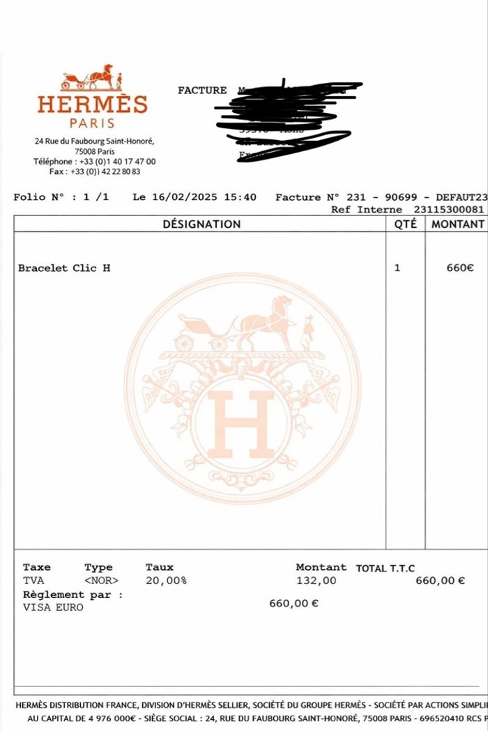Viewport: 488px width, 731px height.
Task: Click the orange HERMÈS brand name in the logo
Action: pos(92,105)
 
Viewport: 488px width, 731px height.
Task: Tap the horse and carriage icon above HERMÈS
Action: pos(91,77)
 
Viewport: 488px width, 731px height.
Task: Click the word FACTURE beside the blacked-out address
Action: pos(202,91)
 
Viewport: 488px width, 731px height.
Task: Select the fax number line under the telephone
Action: pos(95,171)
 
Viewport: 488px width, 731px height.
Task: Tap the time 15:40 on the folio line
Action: pos(240,197)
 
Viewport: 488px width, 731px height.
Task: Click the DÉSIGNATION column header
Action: pos(201,224)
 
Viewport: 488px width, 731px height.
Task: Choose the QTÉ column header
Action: pos(405,224)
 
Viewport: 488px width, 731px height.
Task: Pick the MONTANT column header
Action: pos(457,224)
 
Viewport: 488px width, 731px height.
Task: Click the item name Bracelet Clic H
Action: pos(64,268)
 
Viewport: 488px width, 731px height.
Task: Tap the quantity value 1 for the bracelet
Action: pos(397,268)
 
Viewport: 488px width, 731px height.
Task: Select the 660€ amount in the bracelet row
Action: pos(460,268)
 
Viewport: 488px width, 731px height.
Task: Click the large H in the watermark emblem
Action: pos(242,424)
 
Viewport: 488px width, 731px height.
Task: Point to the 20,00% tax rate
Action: pos(166,580)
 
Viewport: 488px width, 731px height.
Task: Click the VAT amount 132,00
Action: pos(317,580)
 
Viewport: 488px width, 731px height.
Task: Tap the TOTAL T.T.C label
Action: pos(386,569)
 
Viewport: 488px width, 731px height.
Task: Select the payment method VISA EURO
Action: pos(53,608)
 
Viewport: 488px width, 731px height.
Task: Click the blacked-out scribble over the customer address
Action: pos(293,118)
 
